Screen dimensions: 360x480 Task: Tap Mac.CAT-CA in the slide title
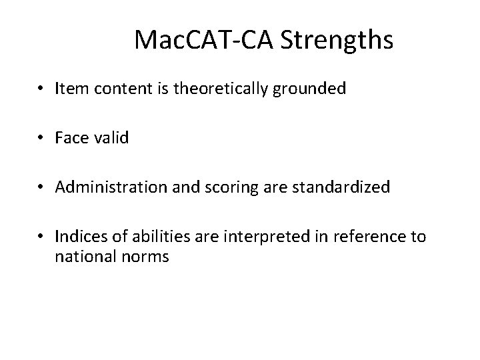coord(205,41)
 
